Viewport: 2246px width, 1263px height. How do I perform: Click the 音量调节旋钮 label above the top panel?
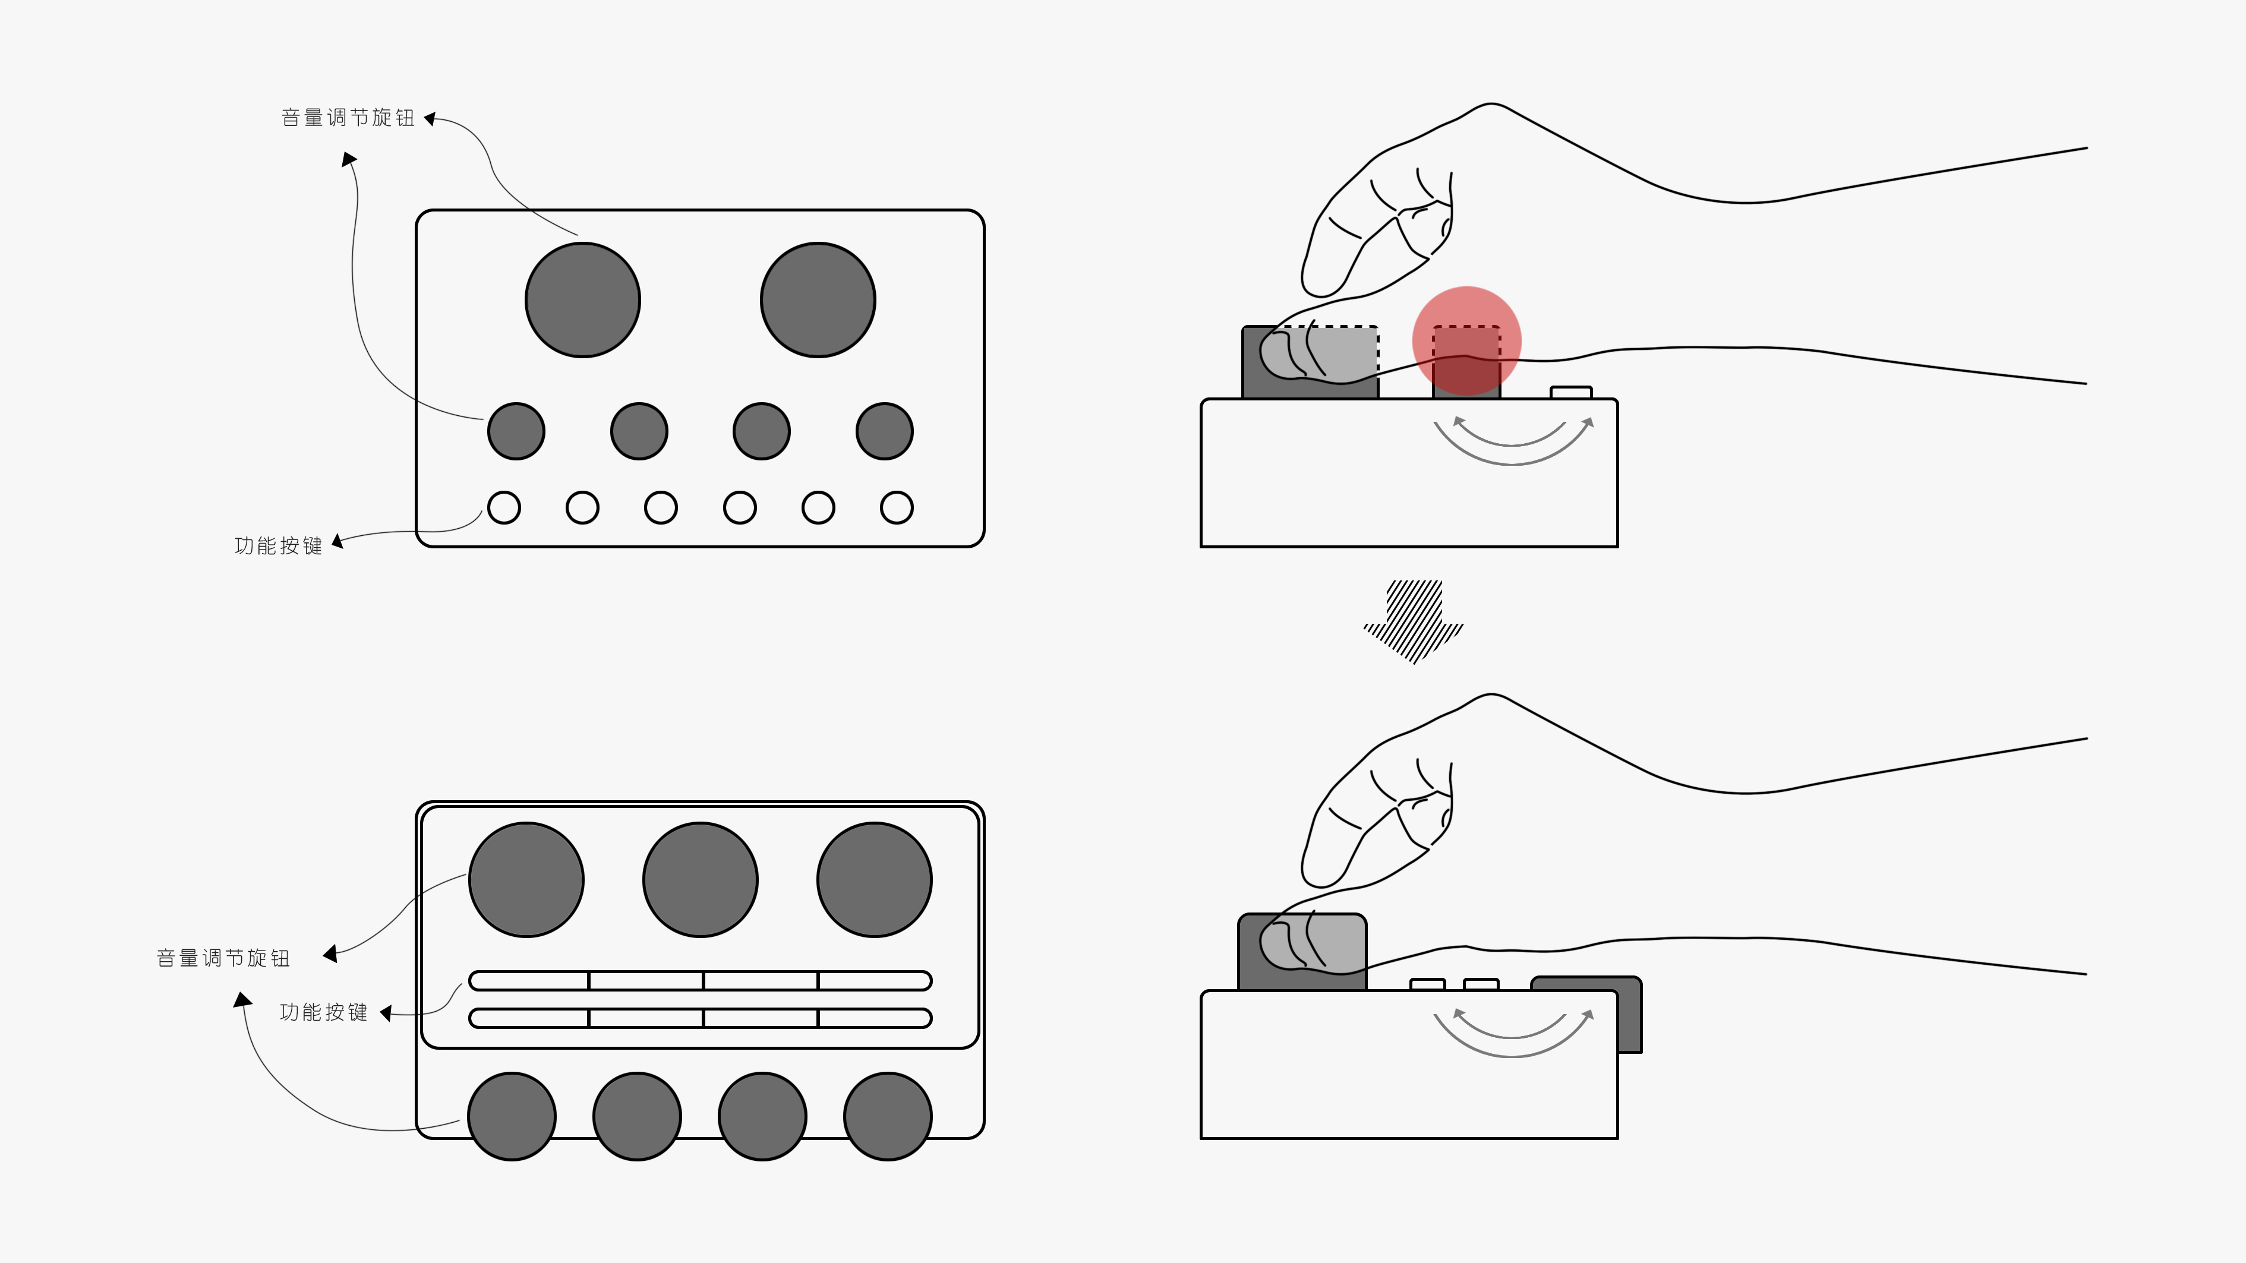pos(348,118)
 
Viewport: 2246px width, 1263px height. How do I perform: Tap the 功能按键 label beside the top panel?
pos(278,545)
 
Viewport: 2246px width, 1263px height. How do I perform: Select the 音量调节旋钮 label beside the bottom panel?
pos(223,958)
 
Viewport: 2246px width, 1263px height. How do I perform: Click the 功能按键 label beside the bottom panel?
pos(323,1012)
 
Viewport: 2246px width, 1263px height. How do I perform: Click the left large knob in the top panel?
pos(582,300)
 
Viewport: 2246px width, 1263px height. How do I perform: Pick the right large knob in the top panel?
pos(818,300)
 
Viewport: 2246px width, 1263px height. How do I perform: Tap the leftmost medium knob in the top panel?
pos(516,431)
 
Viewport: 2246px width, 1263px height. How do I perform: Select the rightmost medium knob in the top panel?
pos(884,431)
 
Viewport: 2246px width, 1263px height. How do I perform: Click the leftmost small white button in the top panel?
pos(504,507)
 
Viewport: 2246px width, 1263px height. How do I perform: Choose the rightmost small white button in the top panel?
pos(896,507)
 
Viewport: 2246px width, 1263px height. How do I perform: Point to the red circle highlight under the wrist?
pos(1466,341)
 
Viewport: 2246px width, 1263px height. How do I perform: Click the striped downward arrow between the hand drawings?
pos(1414,621)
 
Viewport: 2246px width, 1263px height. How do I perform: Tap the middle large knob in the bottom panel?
pos(700,879)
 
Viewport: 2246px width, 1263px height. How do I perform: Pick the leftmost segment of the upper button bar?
pos(529,981)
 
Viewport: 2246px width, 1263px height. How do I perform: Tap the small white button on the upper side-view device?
pos(1571,392)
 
